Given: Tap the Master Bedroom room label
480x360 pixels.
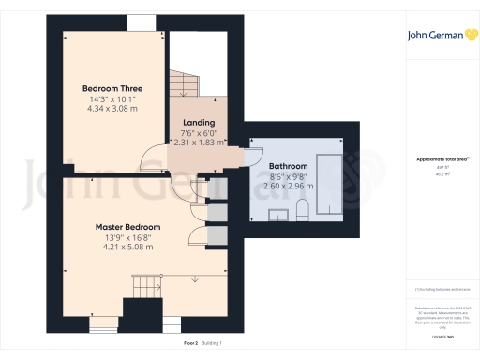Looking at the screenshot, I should coord(127,227).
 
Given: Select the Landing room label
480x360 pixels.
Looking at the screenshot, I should coord(198,122).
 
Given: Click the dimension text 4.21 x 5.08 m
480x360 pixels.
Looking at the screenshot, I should coord(127,247).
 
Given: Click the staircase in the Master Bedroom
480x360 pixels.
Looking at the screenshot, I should coord(145,284).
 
